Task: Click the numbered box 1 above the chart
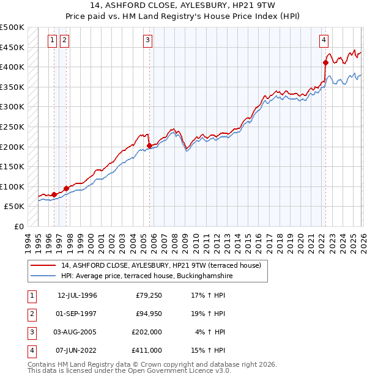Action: (52, 40)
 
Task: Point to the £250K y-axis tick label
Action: (12, 127)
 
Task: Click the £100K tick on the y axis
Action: (12, 186)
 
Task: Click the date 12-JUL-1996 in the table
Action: (77, 295)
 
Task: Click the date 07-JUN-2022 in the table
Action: (77, 350)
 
